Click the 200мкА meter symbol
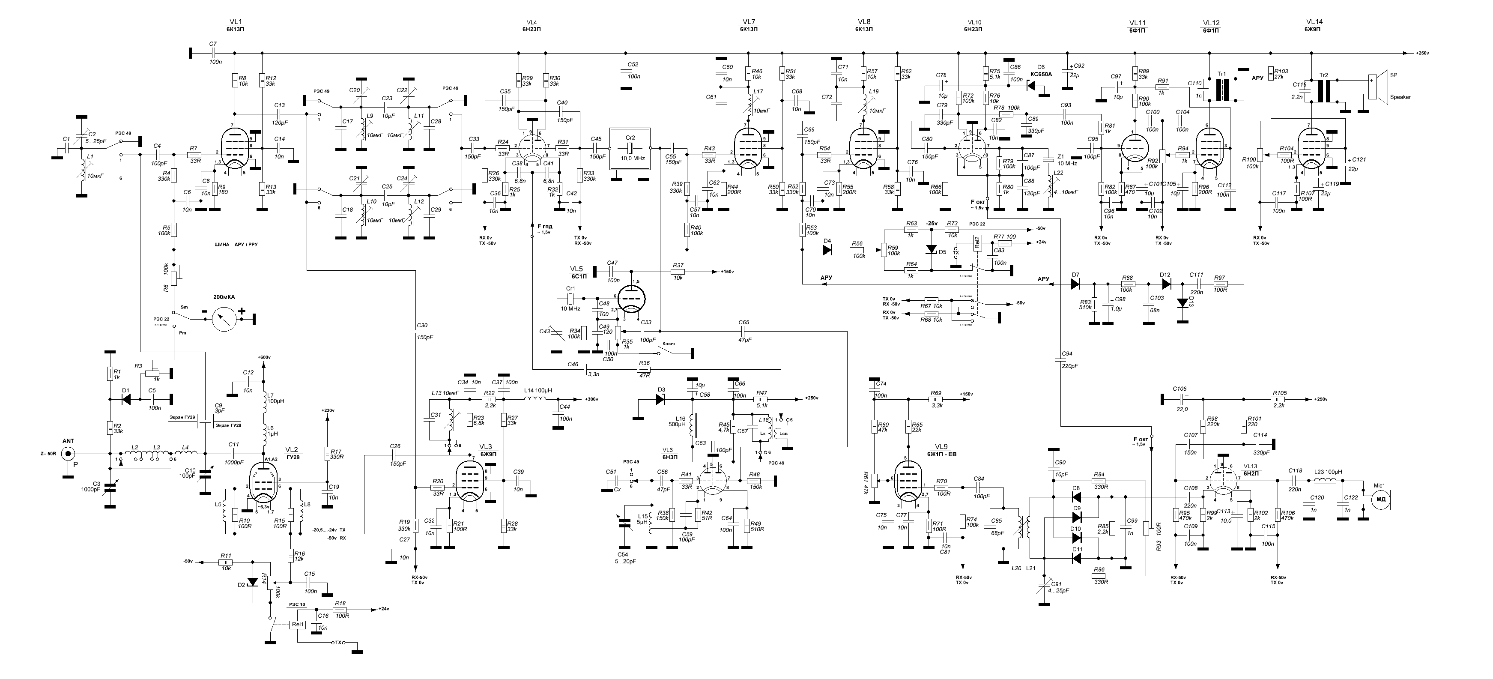click(x=224, y=318)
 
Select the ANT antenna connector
click(x=69, y=454)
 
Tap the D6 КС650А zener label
click(x=1041, y=74)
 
